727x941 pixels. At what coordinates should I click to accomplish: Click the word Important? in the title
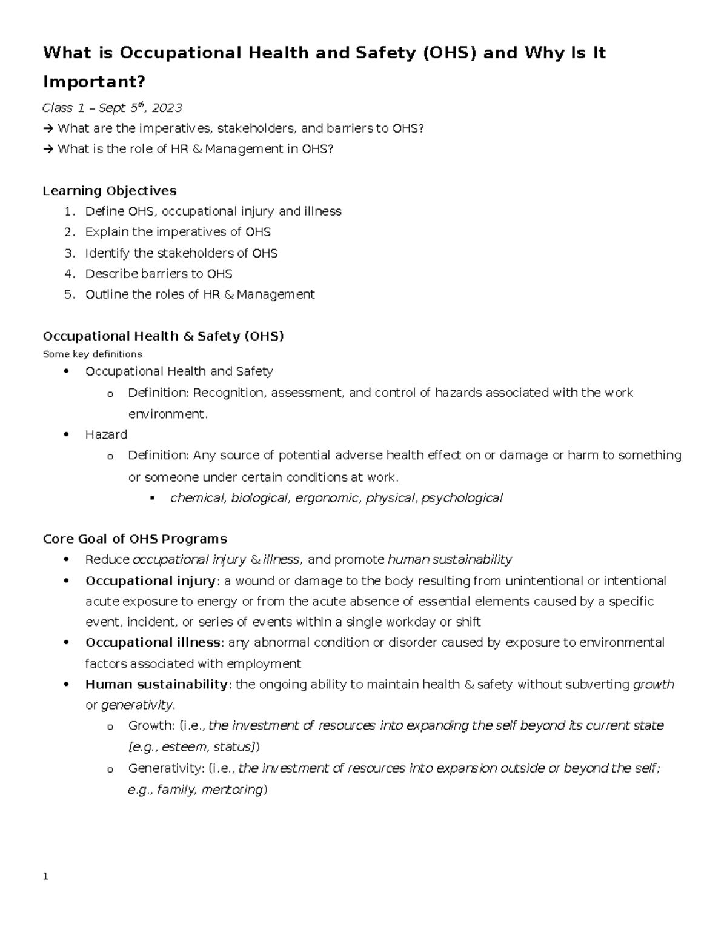point(94,81)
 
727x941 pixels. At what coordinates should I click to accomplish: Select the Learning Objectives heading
point(110,191)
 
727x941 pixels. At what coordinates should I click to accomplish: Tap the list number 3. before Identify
point(70,253)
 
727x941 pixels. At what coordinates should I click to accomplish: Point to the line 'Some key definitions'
point(92,354)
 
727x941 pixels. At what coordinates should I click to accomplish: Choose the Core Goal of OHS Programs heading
point(134,539)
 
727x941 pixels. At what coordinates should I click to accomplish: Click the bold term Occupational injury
point(150,581)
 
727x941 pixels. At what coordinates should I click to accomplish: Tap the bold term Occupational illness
point(153,642)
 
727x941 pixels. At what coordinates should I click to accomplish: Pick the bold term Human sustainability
point(156,685)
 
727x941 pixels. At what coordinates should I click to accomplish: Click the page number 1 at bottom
point(45,877)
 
